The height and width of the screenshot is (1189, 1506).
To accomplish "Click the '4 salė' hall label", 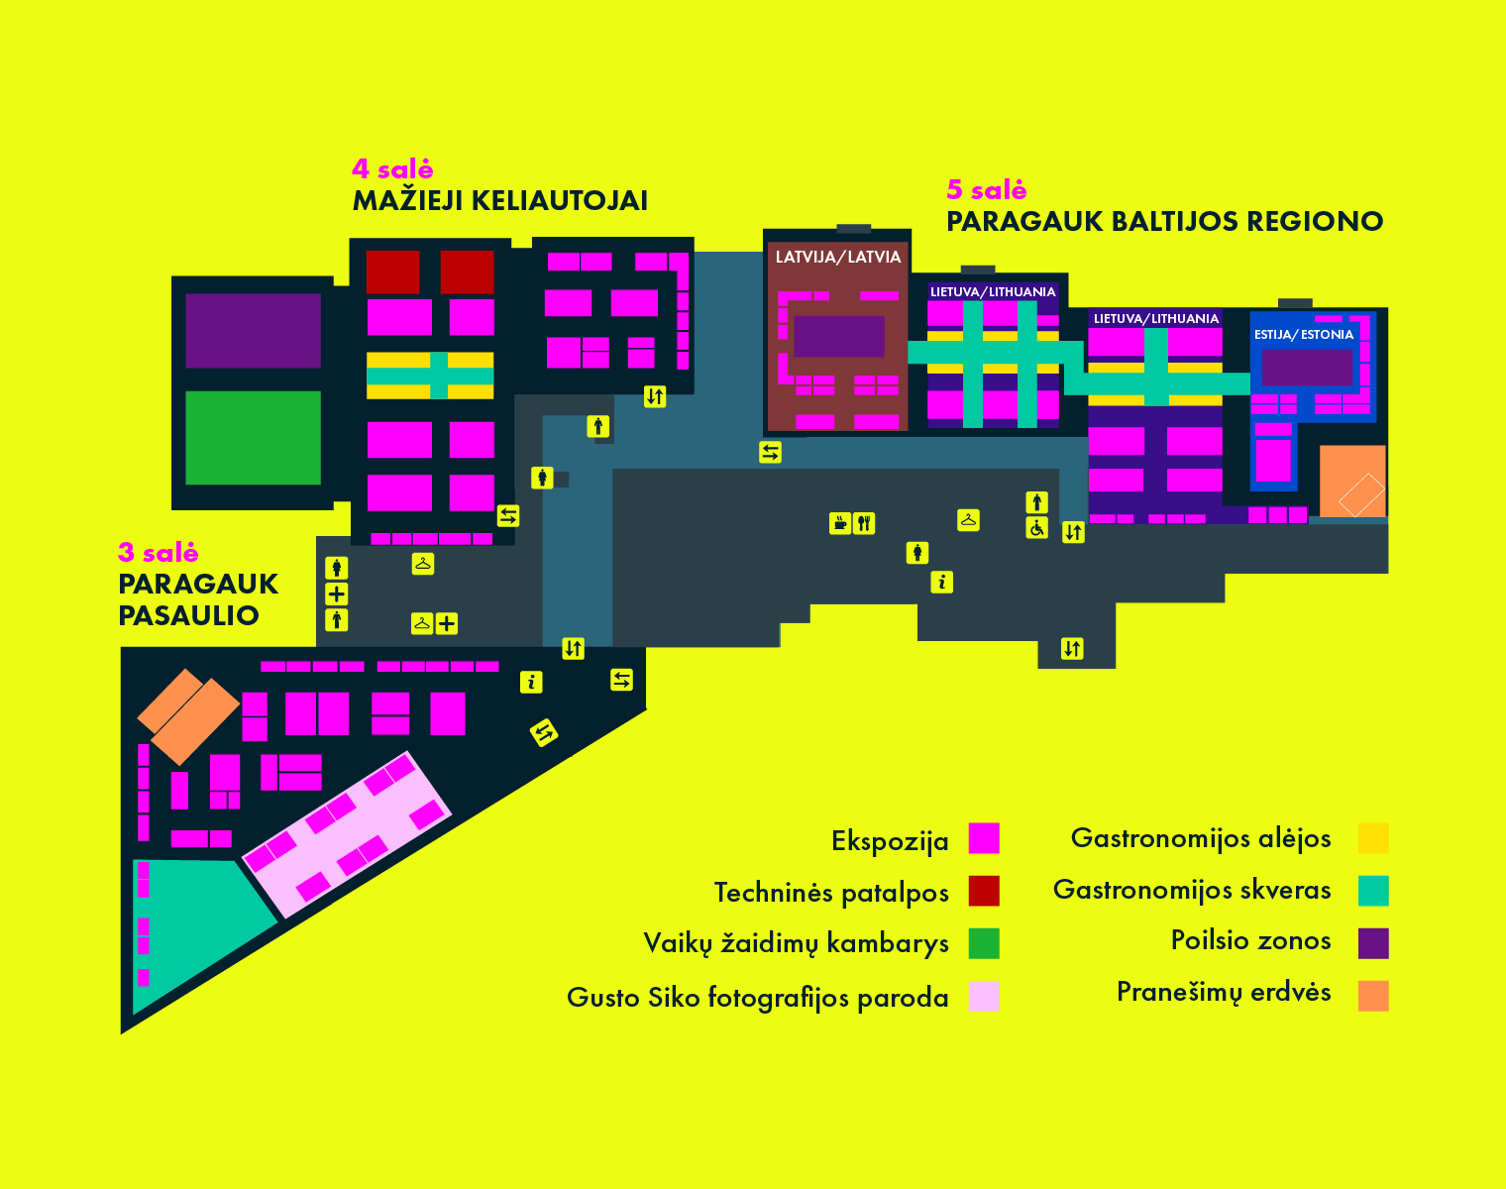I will click(x=392, y=168).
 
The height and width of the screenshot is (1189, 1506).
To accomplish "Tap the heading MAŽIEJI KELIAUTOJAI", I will click(x=500, y=200).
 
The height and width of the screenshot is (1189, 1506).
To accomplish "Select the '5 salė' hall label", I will click(x=986, y=189).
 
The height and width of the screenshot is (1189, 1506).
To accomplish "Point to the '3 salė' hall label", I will click(x=159, y=552).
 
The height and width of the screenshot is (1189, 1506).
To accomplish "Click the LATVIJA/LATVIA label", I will click(x=838, y=257).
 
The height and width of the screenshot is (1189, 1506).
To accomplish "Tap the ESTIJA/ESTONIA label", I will click(x=1304, y=334).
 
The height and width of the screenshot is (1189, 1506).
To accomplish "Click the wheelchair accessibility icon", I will click(x=1036, y=528).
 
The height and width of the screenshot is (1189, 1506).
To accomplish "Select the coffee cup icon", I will click(x=840, y=523).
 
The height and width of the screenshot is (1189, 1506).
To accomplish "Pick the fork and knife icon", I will click(x=864, y=523).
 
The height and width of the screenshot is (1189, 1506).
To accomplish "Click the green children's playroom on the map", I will click(x=254, y=438).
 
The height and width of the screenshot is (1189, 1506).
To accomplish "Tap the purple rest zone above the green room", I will click(x=254, y=330).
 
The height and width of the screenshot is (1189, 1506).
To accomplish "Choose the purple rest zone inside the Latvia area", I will click(x=838, y=337).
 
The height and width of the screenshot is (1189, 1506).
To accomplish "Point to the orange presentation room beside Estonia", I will click(x=1352, y=481).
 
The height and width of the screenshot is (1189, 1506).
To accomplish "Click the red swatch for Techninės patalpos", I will click(x=984, y=891).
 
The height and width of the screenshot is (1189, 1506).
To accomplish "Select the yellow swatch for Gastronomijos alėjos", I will click(x=1373, y=838).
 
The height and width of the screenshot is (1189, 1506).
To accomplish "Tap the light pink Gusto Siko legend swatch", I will click(x=984, y=996).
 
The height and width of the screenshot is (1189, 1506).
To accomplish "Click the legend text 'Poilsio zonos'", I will click(x=1250, y=940).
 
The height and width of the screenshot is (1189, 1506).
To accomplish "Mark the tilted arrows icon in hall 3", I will click(x=543, y=733).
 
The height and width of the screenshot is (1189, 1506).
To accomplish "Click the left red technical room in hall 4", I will click(x=393, y=272).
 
